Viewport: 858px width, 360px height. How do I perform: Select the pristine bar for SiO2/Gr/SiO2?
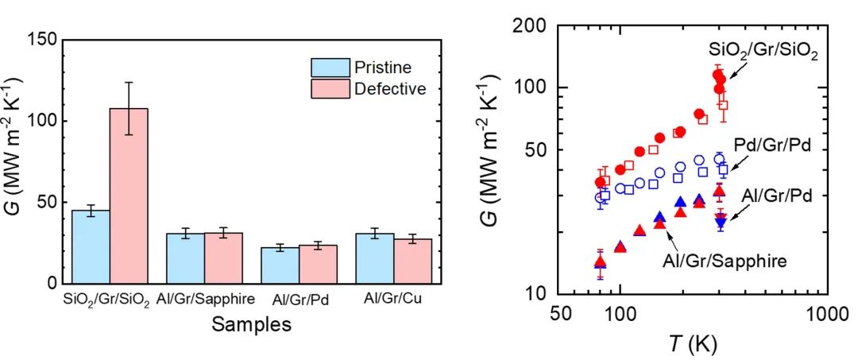91,246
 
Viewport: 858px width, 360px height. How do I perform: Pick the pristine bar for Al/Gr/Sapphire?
185,258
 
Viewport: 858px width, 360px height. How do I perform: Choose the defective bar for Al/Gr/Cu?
412,261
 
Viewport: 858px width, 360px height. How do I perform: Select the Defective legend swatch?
327,88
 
